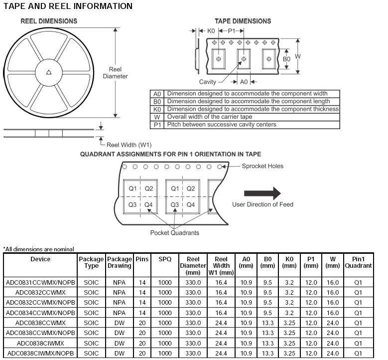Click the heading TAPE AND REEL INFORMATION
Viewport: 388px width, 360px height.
pyautogui.click(x=68, y=6)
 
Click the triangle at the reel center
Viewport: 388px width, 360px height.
pyautogui.click(x=49, y=72)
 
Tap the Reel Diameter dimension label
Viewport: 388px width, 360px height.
pyautogui.click(x=115, y=73)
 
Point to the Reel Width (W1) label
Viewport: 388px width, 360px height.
pyautogui.click(x=129, y=145)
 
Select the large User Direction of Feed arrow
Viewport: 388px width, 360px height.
pyautogui.click(x=262, y=193)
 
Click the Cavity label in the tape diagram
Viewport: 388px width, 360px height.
pyautogui.click(x=208, y=82)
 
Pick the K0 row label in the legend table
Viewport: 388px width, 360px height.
pyautogui.click(x=157, y=109)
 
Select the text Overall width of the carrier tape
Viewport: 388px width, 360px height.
pyautogui.click(x=217, y=117)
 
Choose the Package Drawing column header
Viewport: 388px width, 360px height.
pyautogui.click(x=120, y=262)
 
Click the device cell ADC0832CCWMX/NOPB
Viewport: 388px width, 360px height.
pyautogui.click(x=41, y=302)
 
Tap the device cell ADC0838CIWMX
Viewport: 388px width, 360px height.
pyautogui.click(x=41, y=343)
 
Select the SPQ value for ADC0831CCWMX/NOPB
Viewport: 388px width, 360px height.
pyautogui.click(x=165, y=282)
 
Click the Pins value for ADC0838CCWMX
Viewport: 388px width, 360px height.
pyautogui.click(x=142, y=323)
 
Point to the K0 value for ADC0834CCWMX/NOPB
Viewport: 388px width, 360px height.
pyautogui.click(x=289, y=313)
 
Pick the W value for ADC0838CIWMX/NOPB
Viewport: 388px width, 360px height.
pyautogui.click(x=332, y=353)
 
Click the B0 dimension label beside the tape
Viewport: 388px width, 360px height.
pyautogui.click(x=286, y=59)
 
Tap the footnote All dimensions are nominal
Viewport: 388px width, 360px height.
pyautogui.click(x=39, y=249)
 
